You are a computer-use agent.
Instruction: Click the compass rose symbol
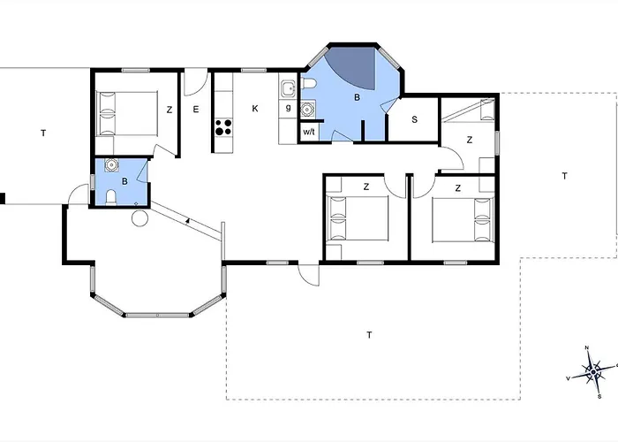593,371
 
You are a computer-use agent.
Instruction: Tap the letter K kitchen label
255,109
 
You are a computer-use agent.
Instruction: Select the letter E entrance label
196,110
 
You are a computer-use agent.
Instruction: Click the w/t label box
309,132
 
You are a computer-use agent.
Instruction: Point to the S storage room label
414,119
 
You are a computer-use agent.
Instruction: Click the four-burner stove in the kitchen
223,126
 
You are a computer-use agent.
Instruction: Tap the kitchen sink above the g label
288,89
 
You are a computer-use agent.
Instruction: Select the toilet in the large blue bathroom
309,84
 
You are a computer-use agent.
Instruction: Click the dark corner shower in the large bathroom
354,66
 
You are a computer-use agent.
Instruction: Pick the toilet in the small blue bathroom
111,197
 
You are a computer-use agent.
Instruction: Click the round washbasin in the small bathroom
112,165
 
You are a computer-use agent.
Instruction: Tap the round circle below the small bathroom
139,218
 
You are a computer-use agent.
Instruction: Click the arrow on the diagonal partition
188,220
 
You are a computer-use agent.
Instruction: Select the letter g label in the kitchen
288,107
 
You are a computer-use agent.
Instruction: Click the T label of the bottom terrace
369,335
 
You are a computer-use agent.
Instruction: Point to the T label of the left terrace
43,133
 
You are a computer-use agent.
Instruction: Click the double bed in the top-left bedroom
127,114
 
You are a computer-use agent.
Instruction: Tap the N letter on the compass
586,347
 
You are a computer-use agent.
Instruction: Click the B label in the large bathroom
357,97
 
